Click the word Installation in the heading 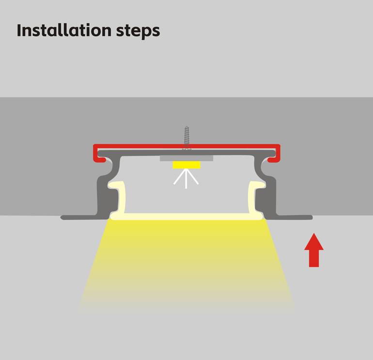pyautogui.click(x=64, y=30)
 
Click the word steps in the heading pyautogui.click(x=138, y=31)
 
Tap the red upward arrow pyautogui.click(x=314, y=250)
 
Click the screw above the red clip pyautogui.click(x=186, y=137)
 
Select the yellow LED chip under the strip pyautogui.click(x=186, y=165)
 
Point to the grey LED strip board pyautogui.click(x=186, y=159)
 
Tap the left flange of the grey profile pyautogui.click(x=80, y=217)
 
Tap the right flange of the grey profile pyautogui.click(x=294, y=217)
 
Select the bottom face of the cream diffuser pyautogui.click(x=186, y=216)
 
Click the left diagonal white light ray pyautogui.click(x=180, y=177)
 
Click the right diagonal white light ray pyautogui.click(x=193, y=177)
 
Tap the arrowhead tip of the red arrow pyautogui.click(x=314, y=233)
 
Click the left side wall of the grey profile pyautogui.click(x=105, y=190)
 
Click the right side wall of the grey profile pyautogui.click(x=269, y=190)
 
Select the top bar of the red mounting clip pyautogui.click(x=186, y=146)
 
